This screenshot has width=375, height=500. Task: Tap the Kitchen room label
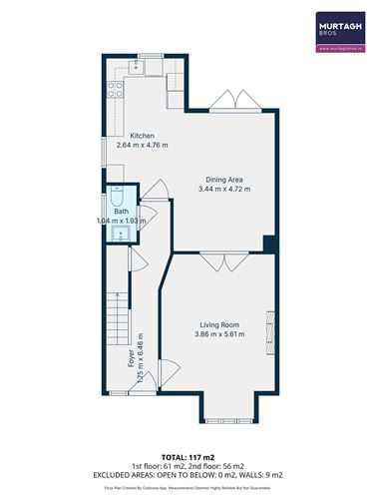tap(143, 136)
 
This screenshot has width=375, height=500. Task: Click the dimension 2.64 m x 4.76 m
tap(143, 147)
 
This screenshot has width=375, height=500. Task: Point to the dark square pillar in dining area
tap(268, 244)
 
